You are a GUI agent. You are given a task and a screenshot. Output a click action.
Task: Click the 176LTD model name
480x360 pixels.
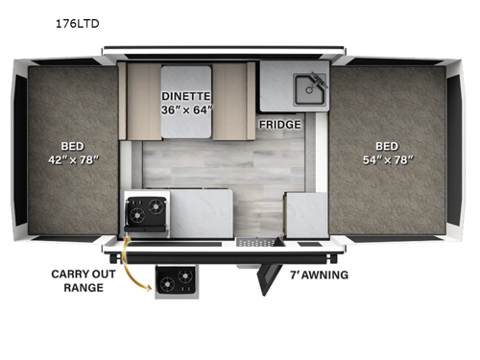coord(78,24)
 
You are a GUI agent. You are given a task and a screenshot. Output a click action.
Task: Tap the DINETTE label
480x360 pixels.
coord(186,96)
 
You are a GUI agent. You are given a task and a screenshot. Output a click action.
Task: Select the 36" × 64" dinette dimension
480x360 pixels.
coord(186,110)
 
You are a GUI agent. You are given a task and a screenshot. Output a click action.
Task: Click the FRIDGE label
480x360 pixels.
coord(280,125)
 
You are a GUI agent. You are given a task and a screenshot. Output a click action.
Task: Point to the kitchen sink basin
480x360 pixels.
coord(309,90)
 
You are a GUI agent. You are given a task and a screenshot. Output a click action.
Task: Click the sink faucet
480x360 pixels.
coord(319,81)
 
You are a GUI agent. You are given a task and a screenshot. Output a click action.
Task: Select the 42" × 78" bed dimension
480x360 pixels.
coord(74,159)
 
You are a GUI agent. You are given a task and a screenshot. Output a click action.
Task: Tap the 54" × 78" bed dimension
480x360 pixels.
coord(388,159)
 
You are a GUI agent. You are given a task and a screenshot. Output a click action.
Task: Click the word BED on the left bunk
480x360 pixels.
coord(73,146)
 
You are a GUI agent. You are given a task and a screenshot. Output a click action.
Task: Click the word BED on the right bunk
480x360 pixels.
coord(387,146)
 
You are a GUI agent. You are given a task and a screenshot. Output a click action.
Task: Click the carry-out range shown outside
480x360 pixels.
coord(177,282)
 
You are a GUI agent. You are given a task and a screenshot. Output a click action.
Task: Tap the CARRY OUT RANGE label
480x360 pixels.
coord(84,281)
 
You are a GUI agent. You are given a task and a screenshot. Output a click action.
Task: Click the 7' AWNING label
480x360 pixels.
coord(319,275)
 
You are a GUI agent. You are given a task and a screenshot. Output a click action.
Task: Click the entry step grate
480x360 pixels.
coord(255,242)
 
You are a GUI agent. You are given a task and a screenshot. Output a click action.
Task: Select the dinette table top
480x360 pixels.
coord(186,102)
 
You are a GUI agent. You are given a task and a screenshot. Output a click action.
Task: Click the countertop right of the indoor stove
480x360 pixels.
coord(202,213)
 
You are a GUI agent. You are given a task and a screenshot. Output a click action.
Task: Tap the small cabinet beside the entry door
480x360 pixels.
coord(306,215)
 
